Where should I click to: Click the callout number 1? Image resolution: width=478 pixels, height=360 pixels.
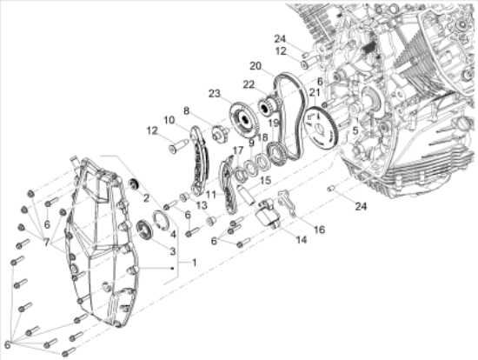click(195, 263)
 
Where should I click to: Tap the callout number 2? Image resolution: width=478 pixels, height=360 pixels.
click(146, 198)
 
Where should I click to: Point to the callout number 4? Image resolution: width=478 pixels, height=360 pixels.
click(173, 233)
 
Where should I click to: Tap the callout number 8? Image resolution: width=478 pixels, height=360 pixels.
click(185, 111)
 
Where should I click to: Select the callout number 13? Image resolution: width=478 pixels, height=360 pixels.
click(201, 205)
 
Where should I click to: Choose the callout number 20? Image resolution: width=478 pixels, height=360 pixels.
click(255, 65)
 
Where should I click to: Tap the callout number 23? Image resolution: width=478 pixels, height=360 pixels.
click(213, 92)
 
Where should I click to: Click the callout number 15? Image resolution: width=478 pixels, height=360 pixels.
click(266, 180)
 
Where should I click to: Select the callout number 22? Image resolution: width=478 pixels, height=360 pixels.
click(248, 84)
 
